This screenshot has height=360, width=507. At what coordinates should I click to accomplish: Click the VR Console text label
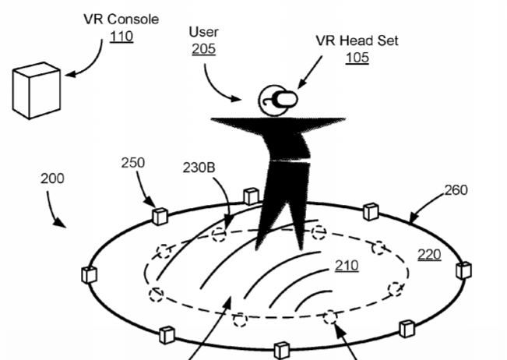point(121,19)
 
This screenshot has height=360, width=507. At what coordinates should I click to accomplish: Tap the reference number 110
point(121,37)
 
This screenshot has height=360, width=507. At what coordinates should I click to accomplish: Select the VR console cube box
point(37,90)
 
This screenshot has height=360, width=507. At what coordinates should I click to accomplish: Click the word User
point(204,32)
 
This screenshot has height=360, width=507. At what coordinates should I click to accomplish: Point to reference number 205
point(204,49)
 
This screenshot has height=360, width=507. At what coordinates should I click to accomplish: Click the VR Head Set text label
point(357,41)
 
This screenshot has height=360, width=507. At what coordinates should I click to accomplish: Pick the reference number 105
point(357,58)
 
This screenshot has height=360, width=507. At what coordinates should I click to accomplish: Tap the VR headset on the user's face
point(285,99)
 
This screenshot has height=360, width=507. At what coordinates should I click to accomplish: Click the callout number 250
point(133,163)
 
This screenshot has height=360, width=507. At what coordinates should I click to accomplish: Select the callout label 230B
point(199,168)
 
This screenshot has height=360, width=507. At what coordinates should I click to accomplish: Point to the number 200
point(52,178)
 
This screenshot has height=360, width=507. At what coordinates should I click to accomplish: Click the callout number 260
point(456,190)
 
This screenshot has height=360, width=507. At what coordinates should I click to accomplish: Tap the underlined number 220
point(429,255)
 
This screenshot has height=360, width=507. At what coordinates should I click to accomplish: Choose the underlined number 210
point(347,266)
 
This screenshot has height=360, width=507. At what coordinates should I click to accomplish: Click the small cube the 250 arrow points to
point(160,217)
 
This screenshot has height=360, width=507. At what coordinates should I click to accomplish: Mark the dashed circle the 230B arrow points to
point(219,235)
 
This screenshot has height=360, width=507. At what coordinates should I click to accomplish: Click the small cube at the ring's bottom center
point(282,350)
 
